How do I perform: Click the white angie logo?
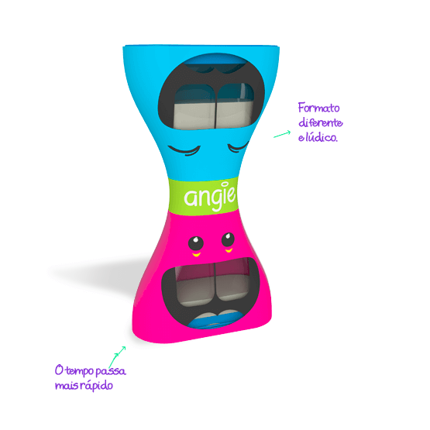coord(210,196)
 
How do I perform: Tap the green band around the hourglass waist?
coord(203,196)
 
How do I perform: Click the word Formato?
coord(319,108)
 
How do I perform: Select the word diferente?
coord(321,122)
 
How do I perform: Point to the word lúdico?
coord(322,136)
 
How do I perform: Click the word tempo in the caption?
coord(80,371)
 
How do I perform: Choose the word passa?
coord(111,371)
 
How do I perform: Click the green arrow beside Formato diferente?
coord(282,134)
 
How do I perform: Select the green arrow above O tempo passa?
coord(117,356)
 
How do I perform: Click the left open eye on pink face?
coord(196,243)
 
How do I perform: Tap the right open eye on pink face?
coord(228,239)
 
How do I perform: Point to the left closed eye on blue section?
coord(184,150)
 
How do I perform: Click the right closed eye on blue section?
coord(238,147)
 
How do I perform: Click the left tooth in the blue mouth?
coord(194,107)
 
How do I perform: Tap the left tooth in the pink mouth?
coord(195,284)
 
